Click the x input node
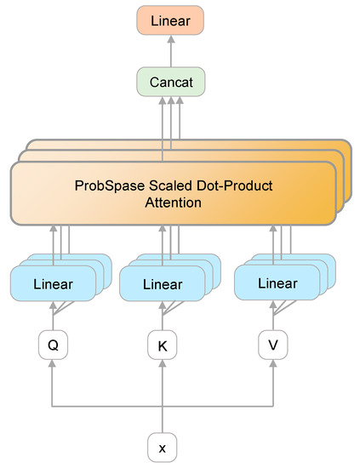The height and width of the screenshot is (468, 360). [x=162, y=446]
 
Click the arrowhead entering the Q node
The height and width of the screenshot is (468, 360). [x=52, y=363]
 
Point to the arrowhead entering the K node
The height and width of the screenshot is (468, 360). [x=162, y=363]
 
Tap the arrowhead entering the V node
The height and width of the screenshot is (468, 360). [x=273, y=363]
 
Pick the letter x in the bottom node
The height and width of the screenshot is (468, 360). [x=162, y=446]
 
